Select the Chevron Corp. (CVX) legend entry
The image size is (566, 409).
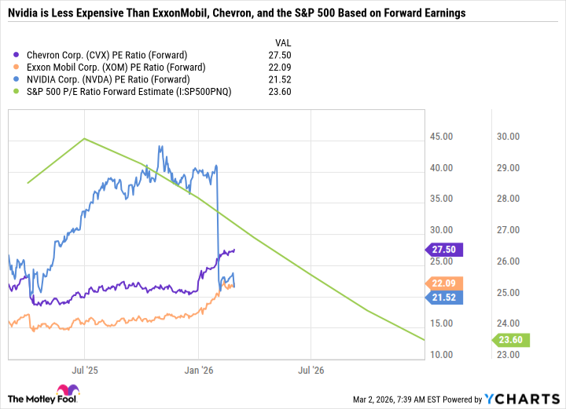pyautogui.click(x=106, y=55)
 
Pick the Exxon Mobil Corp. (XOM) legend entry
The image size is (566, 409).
pyautogui.click(x=111, y=68)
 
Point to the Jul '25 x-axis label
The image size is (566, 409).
pyautogui.click(x=84, y=369)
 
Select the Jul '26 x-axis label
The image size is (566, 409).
pyautogui.click(x=313, y=369)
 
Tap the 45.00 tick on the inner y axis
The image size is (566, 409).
pyautogui.click(x=441, y=137)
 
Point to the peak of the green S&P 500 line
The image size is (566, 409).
pyautogui.click(x=84, y=139)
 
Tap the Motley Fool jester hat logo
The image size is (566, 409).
pyautogui.click(x=63, y=391)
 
